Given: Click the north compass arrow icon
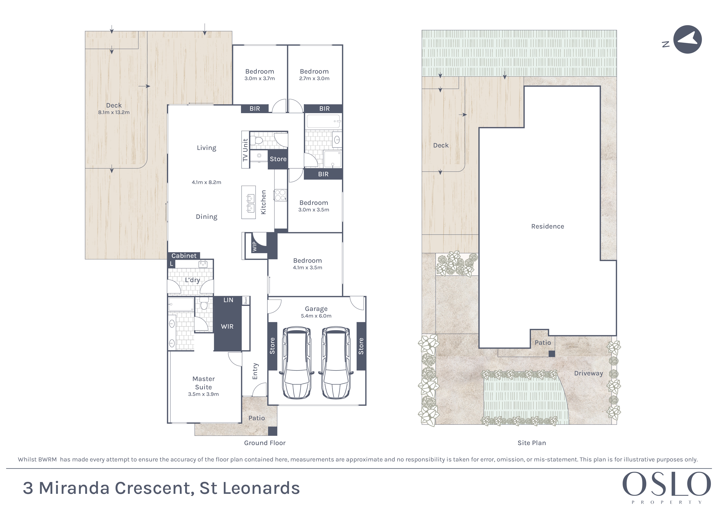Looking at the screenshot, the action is click(x=687, y=39).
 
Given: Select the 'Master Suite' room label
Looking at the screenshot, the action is click(x=204, y=383).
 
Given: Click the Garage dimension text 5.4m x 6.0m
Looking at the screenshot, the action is click(x=316, y=316).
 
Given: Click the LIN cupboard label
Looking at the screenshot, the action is click(x=228, y=300).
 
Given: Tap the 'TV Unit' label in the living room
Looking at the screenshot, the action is click(x=245, y=150).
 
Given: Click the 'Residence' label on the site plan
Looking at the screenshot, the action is click(x=548, y=227).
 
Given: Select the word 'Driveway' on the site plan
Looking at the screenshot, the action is click(x=588, y=373).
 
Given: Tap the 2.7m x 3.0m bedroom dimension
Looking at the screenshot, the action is click(x=314, y=79).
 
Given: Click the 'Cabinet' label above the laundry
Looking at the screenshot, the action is click(x=184, y=256).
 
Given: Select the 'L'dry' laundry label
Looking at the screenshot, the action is click(x=192, y=280).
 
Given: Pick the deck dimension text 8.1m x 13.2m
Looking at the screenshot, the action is click(x=114, y=112).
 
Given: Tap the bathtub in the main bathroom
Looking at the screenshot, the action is click(x=323, y=121).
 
